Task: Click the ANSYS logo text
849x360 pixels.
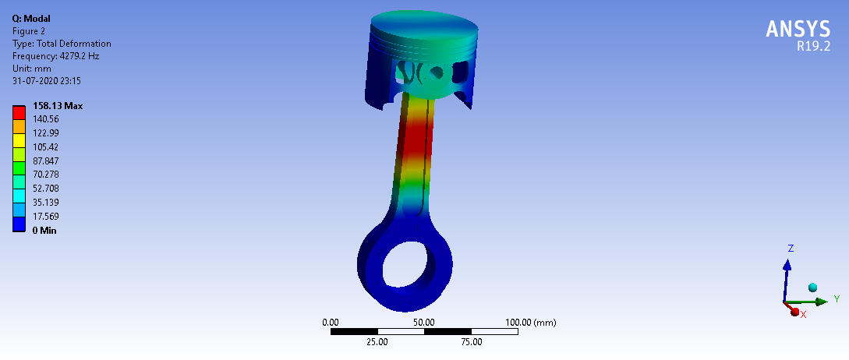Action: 798,29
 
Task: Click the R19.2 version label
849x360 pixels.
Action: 813,46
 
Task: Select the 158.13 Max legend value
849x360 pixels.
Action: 58,106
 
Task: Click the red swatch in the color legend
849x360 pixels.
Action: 19,112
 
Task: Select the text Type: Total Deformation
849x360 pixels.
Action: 62,44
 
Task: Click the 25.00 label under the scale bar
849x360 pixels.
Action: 377,341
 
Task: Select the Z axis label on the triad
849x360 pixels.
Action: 791,249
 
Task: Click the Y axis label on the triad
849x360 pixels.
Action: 836,298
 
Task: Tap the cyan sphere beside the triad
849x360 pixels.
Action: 812,288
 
